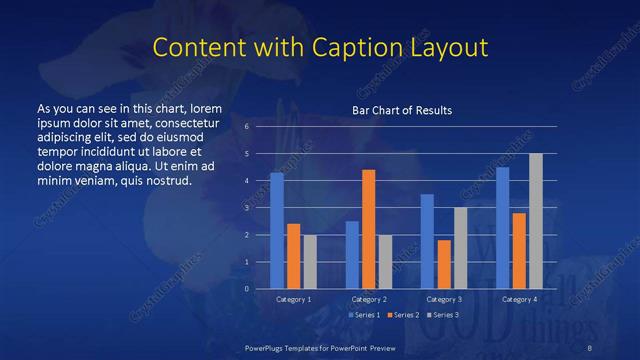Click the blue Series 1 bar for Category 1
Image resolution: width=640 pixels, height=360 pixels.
[x=277, y=231]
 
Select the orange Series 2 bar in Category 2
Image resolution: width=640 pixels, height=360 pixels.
[x=368, y=229]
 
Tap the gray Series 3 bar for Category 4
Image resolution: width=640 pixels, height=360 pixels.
[x=536, y=221]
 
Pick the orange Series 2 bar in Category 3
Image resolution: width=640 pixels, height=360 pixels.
[x=444, y=264]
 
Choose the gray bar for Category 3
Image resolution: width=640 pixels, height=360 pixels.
[x=460, y=248]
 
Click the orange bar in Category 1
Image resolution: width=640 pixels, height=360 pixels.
[x=293, y=256]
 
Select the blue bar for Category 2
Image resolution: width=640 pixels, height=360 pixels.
[x=352, y=255]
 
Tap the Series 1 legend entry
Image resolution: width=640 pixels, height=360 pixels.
[x=367, y=315]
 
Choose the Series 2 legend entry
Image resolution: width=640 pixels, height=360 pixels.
[x=402, y=315]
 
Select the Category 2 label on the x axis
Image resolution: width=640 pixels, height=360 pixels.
[x=369, y=299]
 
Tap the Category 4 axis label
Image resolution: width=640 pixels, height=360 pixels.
[x=519, y=299]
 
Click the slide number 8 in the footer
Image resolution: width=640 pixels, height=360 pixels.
[x=589, y=347]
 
